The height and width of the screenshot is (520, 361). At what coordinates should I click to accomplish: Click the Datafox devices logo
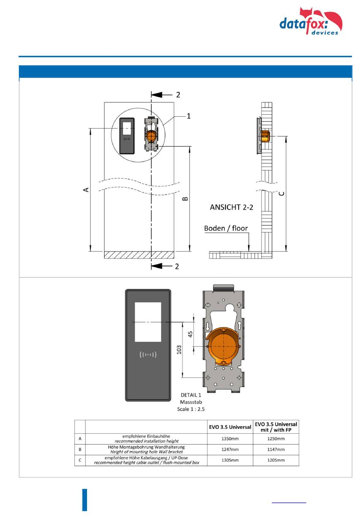click(x=310, y=21)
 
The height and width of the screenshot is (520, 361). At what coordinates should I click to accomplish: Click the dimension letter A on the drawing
click(x=86, y=190)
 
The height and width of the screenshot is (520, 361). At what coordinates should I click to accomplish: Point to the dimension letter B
click(x=185, y=199)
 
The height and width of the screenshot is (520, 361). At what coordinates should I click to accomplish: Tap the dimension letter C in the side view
click(x=281, y=193)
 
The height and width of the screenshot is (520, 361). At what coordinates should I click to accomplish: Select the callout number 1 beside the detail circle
click(x=188, y=116)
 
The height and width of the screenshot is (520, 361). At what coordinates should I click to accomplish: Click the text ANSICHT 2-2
click(x=231, y=207)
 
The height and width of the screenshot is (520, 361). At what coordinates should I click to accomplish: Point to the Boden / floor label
click(x=226, y=228)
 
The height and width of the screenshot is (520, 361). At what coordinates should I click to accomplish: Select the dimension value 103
click(x=179, y=349)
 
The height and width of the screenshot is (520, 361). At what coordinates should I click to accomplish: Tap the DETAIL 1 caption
click(x=191, y=395)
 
